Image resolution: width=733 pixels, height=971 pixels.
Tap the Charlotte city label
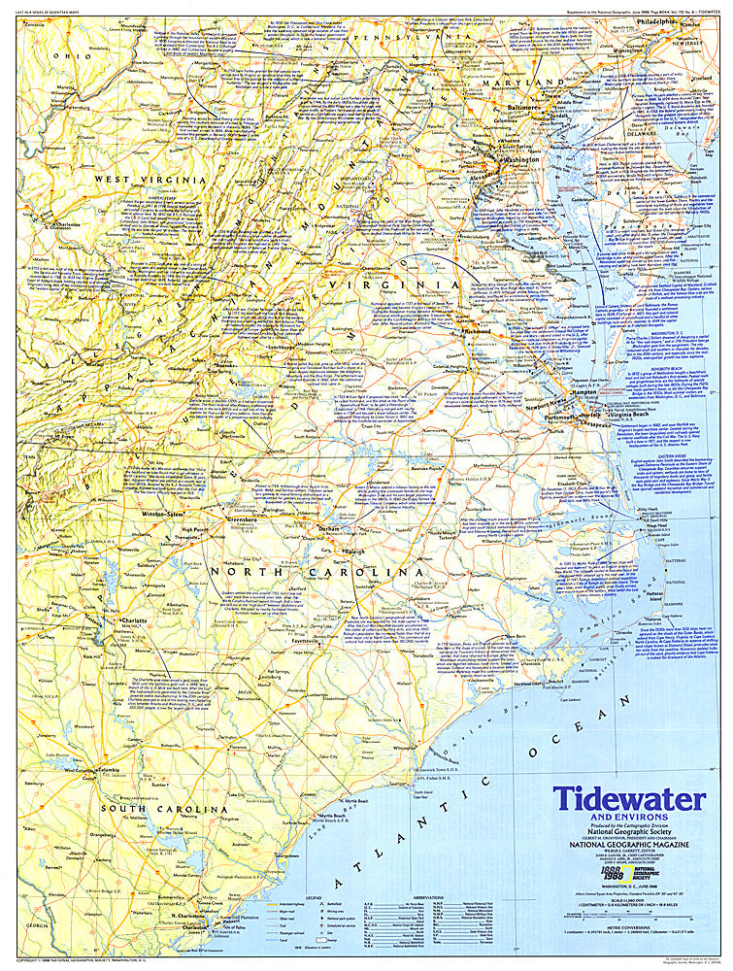(x=133, y=620)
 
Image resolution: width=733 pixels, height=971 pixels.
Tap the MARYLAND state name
(x=540, y=83)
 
